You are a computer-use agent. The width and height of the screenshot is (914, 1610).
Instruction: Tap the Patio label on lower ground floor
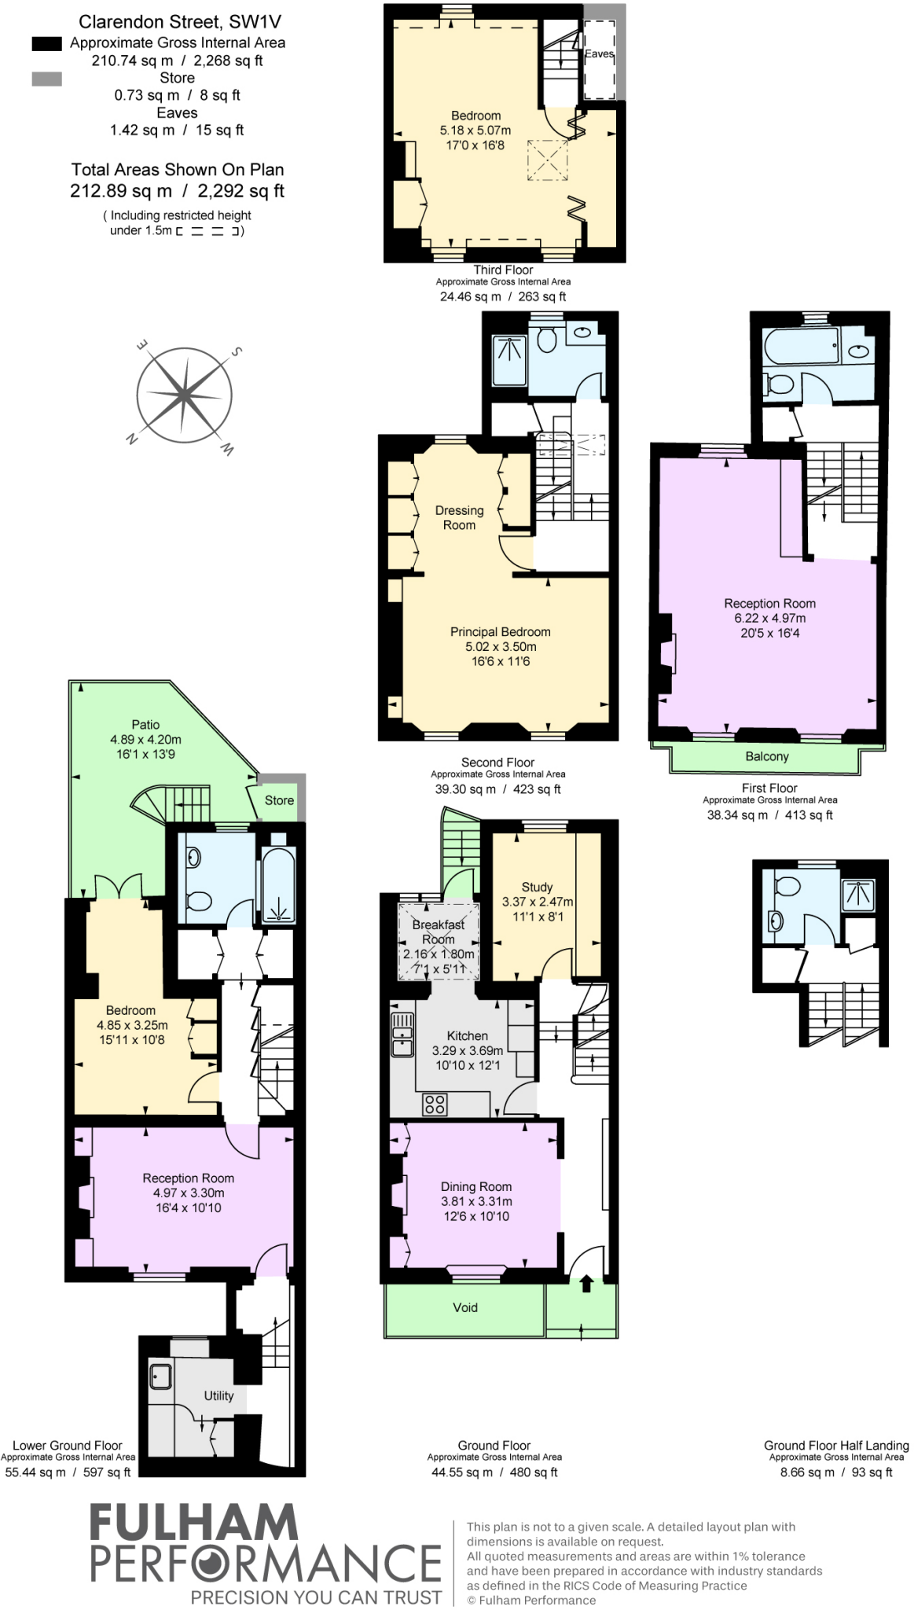(145, 725)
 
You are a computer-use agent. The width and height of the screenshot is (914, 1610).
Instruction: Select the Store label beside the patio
(279, 800)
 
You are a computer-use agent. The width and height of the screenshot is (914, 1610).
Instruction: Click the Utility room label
(218, 1395)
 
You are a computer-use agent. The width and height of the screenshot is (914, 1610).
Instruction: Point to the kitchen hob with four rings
(435, 1105)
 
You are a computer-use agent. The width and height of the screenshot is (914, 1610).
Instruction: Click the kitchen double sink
(402, 1033)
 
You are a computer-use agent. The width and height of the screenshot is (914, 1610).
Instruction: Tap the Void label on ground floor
(465, 1307)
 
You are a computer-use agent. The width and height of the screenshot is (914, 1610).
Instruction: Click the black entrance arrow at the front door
(586, 1283)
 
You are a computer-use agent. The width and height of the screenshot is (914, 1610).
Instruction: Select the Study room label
(537, 887)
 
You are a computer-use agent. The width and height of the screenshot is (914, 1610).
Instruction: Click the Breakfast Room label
(439, 932)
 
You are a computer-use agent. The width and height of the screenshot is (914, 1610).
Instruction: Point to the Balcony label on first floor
(766, 756)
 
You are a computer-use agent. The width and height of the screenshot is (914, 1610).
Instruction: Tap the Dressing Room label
(459, 517)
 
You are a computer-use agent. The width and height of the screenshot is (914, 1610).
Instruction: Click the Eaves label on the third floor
(599, 53)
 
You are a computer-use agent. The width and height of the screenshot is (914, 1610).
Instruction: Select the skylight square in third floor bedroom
(548, 160)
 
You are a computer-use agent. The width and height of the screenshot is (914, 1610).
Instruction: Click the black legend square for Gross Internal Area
(46, 44)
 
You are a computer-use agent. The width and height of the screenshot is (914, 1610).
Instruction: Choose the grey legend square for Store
(46, 79)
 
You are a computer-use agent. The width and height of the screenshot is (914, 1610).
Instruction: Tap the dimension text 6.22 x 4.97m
(769, 618)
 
